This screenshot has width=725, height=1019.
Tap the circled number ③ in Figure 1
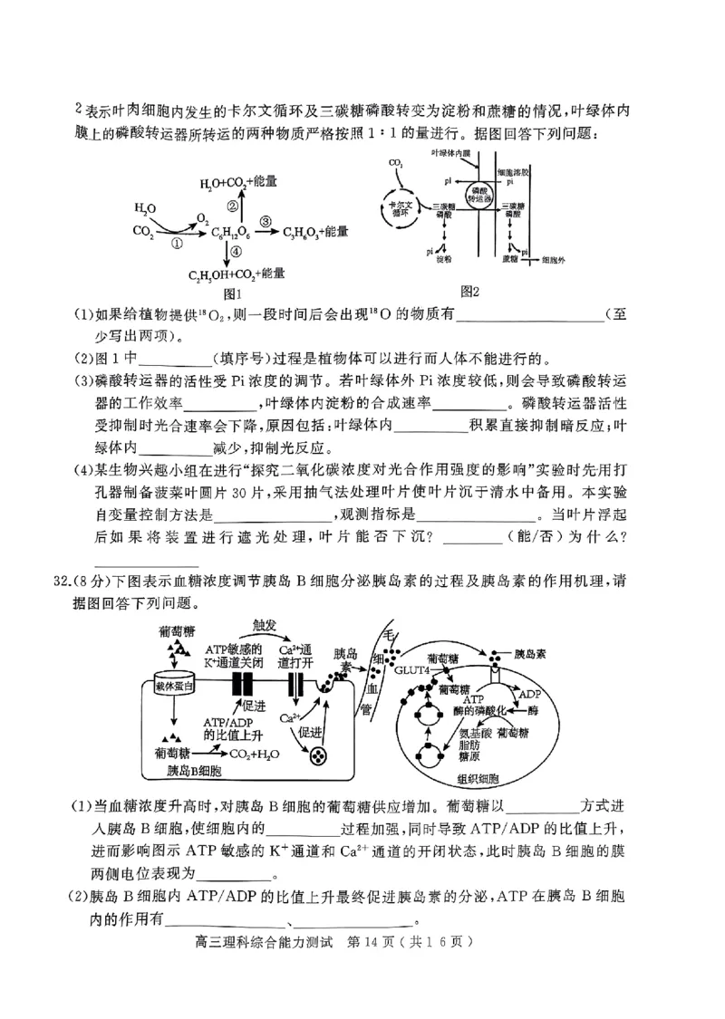pos(265,221)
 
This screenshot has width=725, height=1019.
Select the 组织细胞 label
pos(478,779)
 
